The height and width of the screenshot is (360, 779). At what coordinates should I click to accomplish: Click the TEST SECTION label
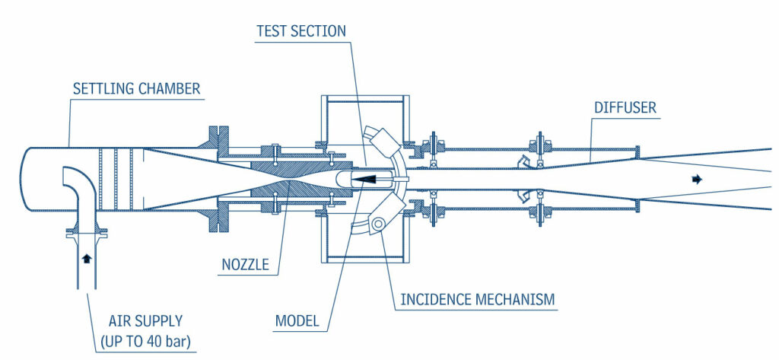[x=301, y=31]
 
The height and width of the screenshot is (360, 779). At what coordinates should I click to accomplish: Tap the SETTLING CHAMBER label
[x=136, y=89]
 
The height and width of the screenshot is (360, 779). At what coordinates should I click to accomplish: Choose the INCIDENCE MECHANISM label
[x=479, y=299]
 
